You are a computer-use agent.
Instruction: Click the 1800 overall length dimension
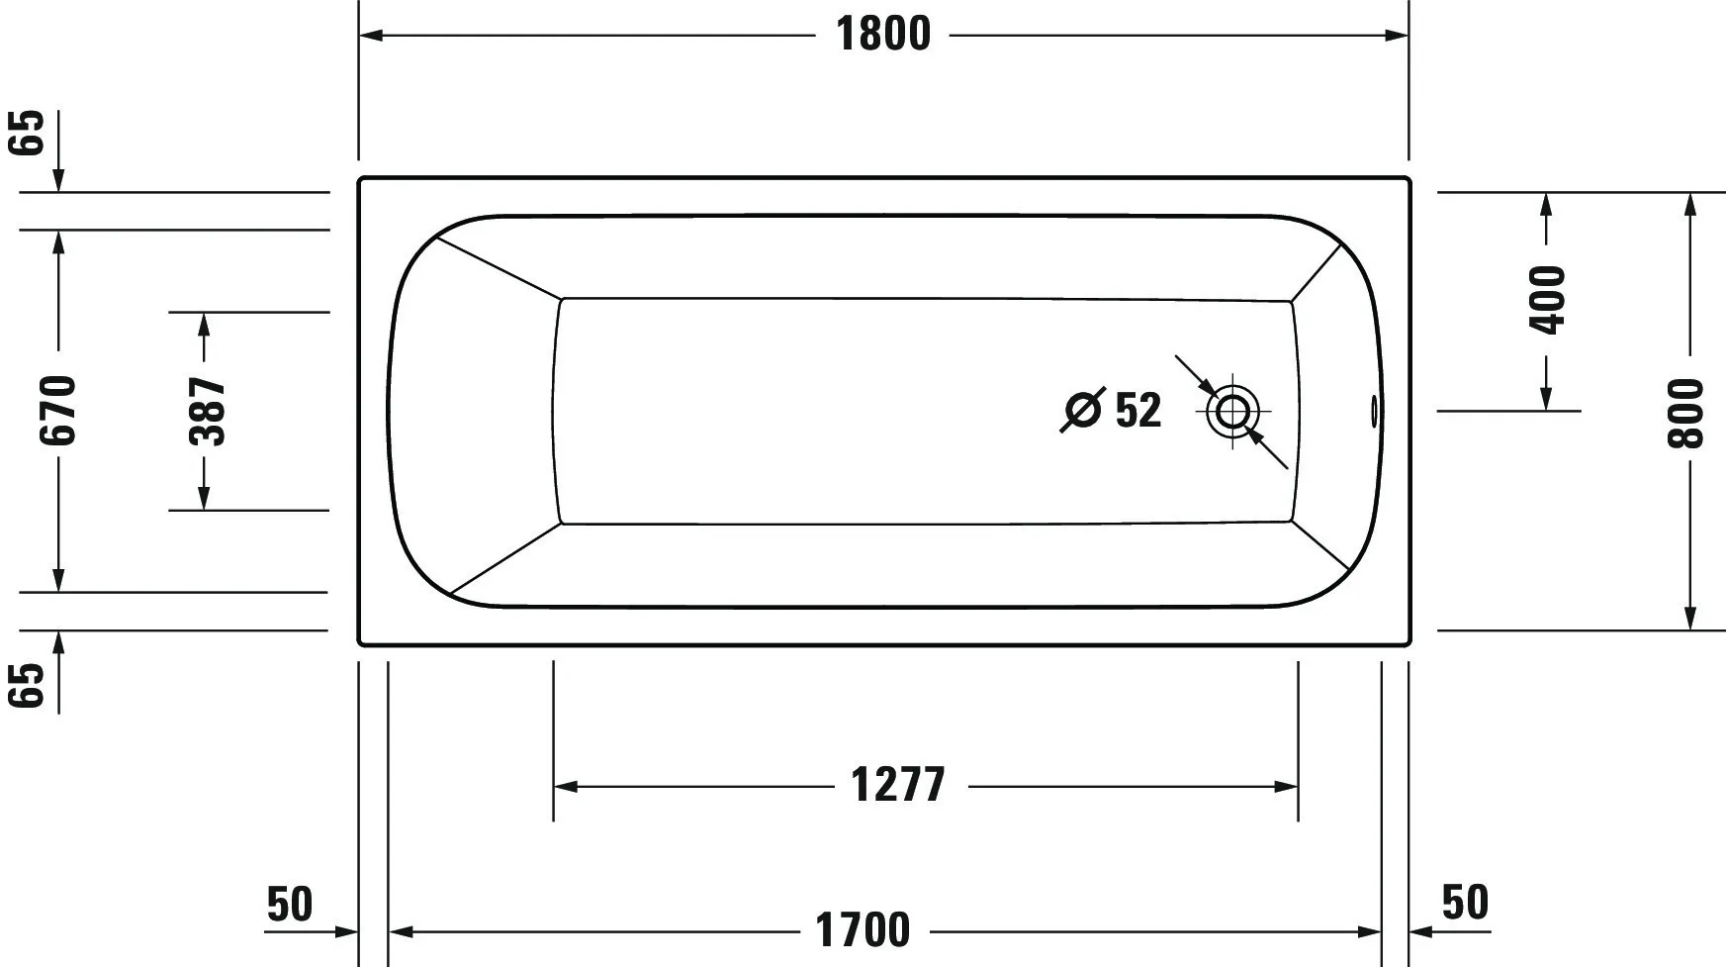(x=883, y=35)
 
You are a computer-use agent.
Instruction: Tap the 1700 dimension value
(x=863, y=930)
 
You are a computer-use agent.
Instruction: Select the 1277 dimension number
(x=898, y=786)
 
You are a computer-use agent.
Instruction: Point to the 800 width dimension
(x=1687, y=413)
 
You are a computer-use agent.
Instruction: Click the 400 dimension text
(x=1548, y=300)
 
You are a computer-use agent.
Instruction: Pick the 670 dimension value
(x=57, y=410)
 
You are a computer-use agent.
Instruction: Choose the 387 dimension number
(x=207, y=410)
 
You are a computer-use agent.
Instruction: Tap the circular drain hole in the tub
(x=1232, y=410)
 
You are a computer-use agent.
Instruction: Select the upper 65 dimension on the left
(x=29, y=132)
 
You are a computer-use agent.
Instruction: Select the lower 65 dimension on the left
(x=29, y=685)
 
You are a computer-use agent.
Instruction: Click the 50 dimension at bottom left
(x=290, y=904)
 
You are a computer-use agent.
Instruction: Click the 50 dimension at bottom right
(x=1465, y=902)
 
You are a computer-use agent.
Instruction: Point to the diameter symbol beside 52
(x=1082, y=410)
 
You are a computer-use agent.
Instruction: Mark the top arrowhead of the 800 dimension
(x=1690, y=203)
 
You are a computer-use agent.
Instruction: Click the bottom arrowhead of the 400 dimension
(x=1547, y=399)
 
